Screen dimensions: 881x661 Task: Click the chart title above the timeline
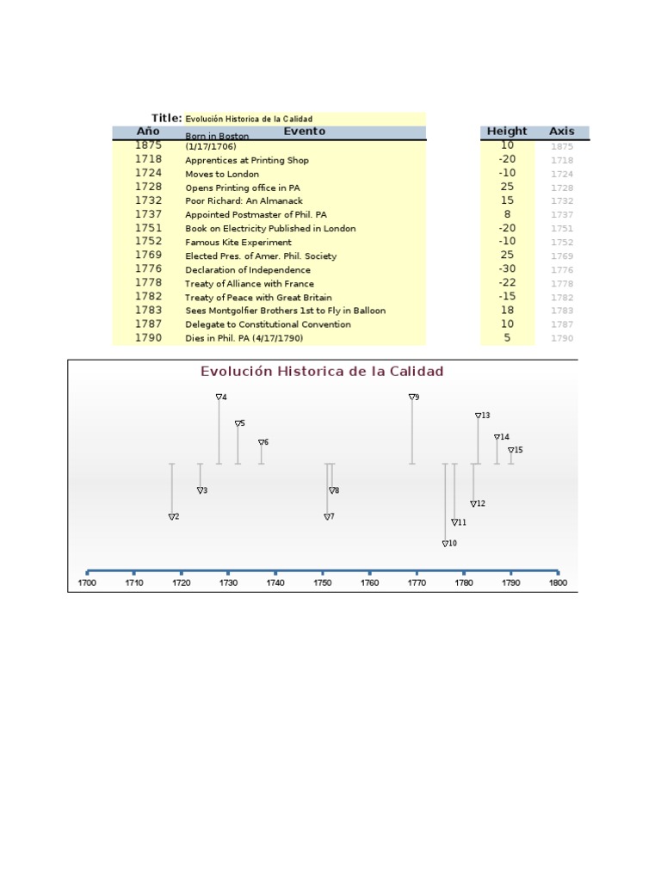322,372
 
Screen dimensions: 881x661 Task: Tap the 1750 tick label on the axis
323,582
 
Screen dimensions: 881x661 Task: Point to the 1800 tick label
558,582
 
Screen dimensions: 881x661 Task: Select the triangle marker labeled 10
446,543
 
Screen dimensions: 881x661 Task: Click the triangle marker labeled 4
219,397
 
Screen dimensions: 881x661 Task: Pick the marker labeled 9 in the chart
411,397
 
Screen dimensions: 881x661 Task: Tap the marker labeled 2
171,516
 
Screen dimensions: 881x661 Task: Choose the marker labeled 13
478,416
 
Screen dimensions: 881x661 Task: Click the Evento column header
305,132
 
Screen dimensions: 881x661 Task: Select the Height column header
507,132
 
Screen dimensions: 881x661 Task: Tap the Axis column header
562,132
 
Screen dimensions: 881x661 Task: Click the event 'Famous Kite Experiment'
238,243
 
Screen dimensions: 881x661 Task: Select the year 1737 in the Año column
148,213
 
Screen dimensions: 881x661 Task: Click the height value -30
507,268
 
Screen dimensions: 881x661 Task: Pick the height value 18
507,310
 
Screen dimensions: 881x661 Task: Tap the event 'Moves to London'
222,174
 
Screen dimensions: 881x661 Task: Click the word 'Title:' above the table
166,118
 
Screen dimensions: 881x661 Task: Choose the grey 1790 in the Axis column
562,338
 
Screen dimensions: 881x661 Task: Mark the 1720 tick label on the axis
181,582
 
